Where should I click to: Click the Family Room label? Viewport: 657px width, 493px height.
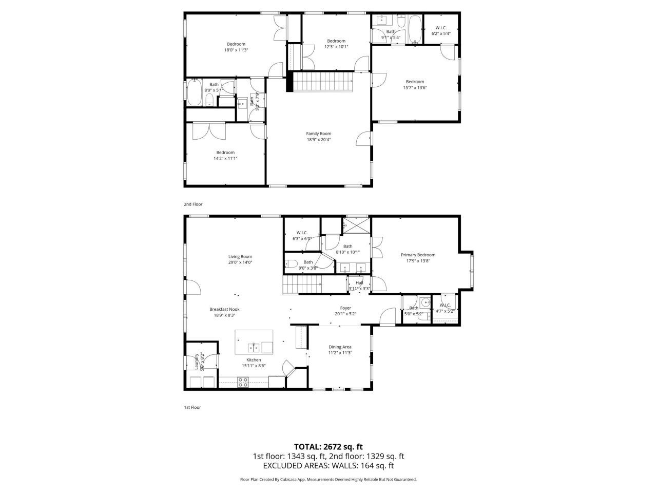tap(319, 134)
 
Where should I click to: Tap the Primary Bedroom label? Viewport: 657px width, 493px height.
tap(418, 255)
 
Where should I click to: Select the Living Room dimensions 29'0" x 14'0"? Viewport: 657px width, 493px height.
tap(240, 262)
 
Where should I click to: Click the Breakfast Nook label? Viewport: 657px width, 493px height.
tap(224, 309)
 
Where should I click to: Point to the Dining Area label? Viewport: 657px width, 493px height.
tap(340, 347)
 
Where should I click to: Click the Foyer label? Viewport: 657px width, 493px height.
tap(345, 308)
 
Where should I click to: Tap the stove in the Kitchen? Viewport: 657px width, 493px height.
tap(243, 382)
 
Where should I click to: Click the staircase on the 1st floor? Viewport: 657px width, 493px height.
tap(302, 284)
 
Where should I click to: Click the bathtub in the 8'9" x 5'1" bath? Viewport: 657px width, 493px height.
tap(195, 93)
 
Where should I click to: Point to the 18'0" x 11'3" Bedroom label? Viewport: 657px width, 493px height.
tap(236, 44)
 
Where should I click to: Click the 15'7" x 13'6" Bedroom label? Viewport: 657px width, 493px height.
tap(415, 82)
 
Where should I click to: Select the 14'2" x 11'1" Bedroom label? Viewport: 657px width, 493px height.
tap(225, 153)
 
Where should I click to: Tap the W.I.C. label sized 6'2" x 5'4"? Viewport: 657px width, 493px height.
tap(441, 28)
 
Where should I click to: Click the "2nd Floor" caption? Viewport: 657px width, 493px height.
tap(194, 204)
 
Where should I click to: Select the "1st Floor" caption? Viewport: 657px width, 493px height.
tap(192, 407)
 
